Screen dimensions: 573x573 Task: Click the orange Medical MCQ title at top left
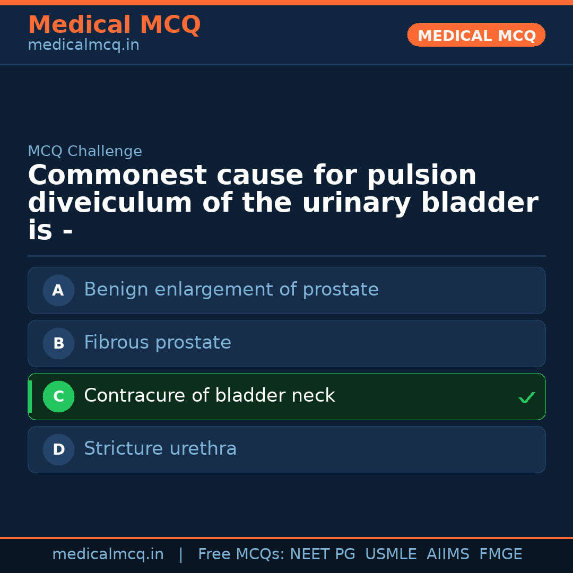point(114,25)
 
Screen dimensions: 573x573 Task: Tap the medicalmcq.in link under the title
point(83,46)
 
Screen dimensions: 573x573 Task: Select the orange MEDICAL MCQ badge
point(476,36)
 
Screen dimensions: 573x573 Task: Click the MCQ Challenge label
point(85,152)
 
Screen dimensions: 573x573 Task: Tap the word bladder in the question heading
point(479,203)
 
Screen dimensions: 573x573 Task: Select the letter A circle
point(58,290)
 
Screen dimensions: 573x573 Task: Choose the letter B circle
point(58,343)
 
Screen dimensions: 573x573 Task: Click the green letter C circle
point(58,396)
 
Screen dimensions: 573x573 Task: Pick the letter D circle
point(58,449)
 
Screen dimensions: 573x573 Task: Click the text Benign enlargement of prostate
point(231,290)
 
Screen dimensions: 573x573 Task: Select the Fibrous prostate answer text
point(158,343)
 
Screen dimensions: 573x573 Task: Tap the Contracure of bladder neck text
point(210,396)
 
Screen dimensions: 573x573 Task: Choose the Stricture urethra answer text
point(160,449)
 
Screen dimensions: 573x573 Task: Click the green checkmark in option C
point(526,397)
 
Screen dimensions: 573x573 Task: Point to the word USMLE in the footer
point(390,554)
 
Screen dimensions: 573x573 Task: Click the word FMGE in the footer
point(501,554)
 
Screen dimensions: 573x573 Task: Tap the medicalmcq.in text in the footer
point(108,554)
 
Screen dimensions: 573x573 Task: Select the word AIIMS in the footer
point(448,554)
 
